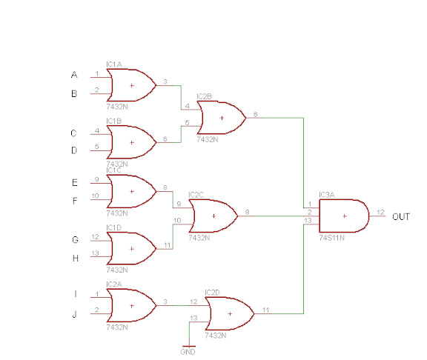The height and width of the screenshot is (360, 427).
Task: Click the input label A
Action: pos(74,75)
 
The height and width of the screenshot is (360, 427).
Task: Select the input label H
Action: pos(76,258)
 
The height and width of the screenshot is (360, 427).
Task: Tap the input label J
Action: pos(74,314)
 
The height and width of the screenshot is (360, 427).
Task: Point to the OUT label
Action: pos(401,217)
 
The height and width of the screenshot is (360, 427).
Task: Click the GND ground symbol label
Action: pos(188,352)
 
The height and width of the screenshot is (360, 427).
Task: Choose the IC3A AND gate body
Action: pos(344,216)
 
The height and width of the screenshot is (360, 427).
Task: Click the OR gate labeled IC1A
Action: pos(131,85)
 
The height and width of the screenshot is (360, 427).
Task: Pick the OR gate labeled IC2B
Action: pos(222,118)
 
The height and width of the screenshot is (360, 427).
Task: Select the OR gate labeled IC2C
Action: pos(213,216)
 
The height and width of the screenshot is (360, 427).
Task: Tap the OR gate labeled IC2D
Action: pos(230,314)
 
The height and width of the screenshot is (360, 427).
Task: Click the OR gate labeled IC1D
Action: pos(131,248)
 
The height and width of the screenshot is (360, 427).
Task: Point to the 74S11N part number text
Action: pos(331,238)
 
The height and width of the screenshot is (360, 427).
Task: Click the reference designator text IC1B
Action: pos(114,121)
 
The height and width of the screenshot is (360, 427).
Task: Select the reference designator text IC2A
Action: pos(114,284)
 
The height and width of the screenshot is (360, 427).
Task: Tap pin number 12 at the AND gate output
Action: pos(380,212)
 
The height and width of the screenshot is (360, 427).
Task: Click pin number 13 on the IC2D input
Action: pos(193,318)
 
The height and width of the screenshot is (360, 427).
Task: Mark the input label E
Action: pos(75,182)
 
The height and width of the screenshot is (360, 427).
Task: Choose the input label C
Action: pos(73,133)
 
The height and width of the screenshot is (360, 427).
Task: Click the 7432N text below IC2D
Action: pos(216,336)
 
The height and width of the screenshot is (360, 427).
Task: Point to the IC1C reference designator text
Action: pos(114,170)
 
